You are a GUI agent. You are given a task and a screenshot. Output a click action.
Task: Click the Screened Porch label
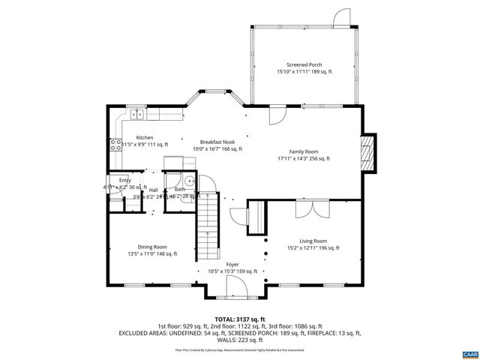[304, 64]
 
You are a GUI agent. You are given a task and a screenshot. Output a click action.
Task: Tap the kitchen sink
[137, 115]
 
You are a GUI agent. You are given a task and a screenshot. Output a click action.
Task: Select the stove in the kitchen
[116, 145]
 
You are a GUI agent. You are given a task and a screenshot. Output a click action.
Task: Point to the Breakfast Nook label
[217, 142]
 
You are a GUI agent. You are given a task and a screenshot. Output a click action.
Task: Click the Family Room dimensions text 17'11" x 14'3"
[304, 158]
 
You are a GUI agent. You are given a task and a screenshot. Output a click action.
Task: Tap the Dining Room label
[152, 247]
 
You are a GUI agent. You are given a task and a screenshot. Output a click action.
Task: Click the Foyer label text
[232, 265]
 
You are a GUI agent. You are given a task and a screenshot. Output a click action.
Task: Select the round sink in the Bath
[190, 181]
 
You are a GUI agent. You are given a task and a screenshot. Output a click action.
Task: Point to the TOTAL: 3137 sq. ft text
[240, 319]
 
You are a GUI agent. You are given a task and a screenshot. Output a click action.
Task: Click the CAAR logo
[469, 352]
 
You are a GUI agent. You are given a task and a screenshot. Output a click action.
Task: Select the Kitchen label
[145, 137]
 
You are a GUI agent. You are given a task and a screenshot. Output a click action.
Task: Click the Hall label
[153, 190]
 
